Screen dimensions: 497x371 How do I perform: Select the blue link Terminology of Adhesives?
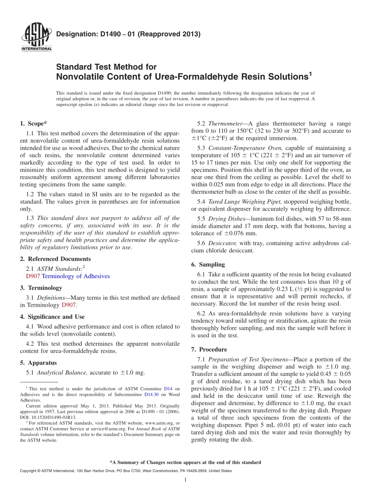point(76,276)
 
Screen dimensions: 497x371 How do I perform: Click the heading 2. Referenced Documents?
point(55,259)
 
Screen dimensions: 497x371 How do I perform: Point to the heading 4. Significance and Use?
point(52,317)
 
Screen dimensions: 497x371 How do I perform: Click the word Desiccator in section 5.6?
point(223,243)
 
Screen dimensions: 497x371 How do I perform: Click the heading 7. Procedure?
point(209,349)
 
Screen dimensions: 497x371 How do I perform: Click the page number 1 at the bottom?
point(185,480)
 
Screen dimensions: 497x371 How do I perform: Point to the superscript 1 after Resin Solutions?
point(310,73)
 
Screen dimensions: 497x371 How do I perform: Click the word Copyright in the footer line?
point(29,471)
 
